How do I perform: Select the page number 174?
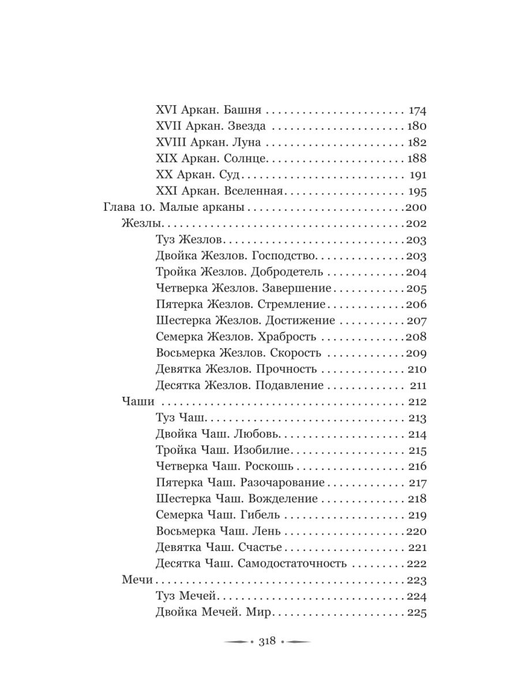coord(416,110)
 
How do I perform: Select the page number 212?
coord(416,401)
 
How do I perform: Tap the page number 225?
coord(416,612)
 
